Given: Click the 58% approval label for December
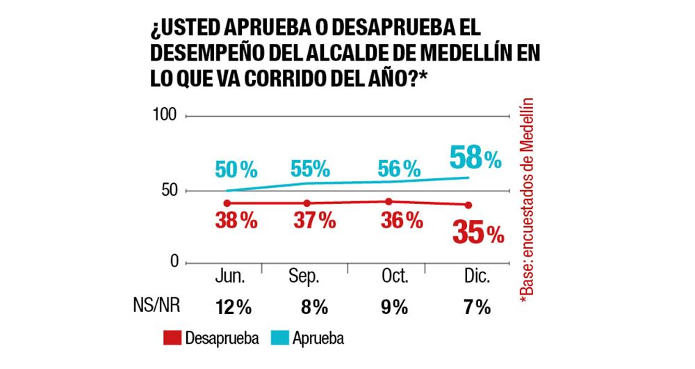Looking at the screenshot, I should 475,157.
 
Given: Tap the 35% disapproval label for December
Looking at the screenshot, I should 477,234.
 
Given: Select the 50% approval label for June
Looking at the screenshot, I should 236,168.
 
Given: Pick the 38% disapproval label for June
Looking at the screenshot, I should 236,221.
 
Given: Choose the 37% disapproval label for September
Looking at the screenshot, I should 315,221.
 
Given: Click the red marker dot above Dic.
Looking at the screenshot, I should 468,205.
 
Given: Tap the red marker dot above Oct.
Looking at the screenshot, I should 388,202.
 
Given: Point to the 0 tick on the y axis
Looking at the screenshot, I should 174,261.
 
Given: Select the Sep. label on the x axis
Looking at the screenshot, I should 304,278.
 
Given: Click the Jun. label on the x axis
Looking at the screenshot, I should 227,278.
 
